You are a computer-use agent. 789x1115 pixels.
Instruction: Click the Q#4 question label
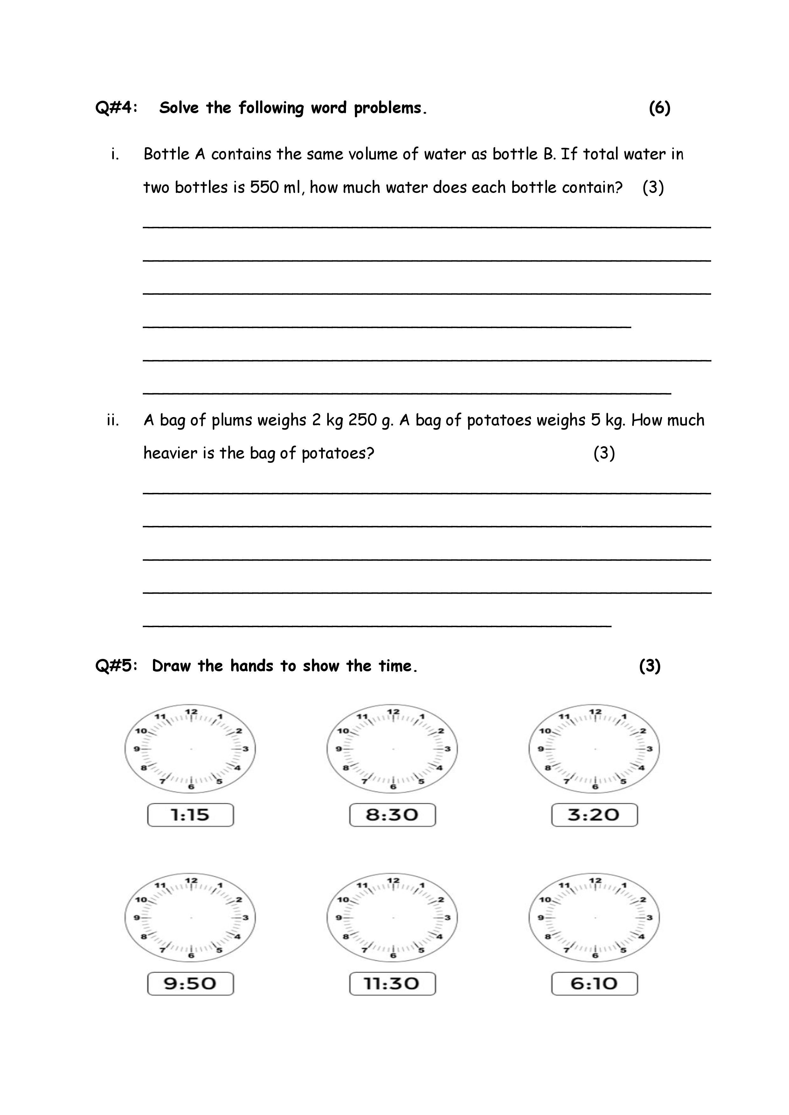pyautogui.click(x=116, y=108)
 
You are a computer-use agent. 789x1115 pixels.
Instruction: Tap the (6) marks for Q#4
pyautogui.click(x=659, y=108)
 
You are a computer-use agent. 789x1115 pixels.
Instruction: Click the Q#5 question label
pyautogui.click(x=116, y=666)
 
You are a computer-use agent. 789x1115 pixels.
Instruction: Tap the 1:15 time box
pyautogui.click(x=190, y=815)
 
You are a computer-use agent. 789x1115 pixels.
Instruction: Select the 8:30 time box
pyautogui.click(x=392, y=815)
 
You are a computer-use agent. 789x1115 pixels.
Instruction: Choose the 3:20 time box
pyautogui.click(x=594, y=815)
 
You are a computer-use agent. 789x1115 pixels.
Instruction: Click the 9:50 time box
pyautogui.click(x=190, y=984)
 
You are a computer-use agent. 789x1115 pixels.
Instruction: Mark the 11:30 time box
pyautogui.click(x=392, y=984)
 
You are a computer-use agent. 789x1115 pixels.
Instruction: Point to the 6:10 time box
pyautogui.click(x=594, y=984)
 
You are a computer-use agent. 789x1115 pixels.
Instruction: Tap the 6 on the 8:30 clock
pyautogui.click(x=393, y=787)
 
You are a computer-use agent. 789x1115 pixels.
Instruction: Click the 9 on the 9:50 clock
pyautogui.click(x=136, y=918)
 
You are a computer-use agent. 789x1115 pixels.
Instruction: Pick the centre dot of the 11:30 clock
pyautogui.click(x=392, y=918)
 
